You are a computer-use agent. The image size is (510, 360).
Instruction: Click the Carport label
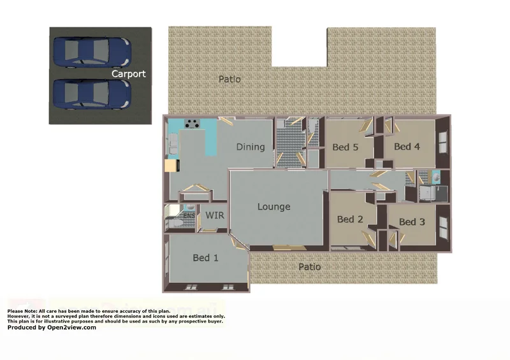(129, 74)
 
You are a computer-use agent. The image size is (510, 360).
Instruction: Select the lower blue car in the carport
(92, 94)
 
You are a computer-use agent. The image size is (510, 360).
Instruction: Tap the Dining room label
(250, 147)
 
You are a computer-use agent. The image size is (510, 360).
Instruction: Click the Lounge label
(274, 206)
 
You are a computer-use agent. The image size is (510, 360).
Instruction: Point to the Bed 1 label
(206, 258)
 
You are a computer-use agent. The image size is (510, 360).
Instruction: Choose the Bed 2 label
(350, 219)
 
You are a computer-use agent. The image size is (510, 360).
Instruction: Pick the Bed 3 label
(412, 222)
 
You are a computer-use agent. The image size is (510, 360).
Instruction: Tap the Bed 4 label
(407, 147)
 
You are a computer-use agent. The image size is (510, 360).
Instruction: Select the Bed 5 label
(346, 147)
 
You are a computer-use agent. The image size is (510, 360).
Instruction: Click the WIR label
(214, 215)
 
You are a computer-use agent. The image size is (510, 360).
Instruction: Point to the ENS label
(189, 216)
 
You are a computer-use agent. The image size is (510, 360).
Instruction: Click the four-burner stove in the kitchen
(193, 124)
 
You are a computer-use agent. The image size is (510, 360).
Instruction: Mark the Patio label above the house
(229, 80)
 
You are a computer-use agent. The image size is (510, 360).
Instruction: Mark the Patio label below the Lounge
(310, 266)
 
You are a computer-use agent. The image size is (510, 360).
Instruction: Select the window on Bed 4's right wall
(444, 141)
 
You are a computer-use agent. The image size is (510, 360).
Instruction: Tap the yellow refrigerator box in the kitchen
(170, 166)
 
